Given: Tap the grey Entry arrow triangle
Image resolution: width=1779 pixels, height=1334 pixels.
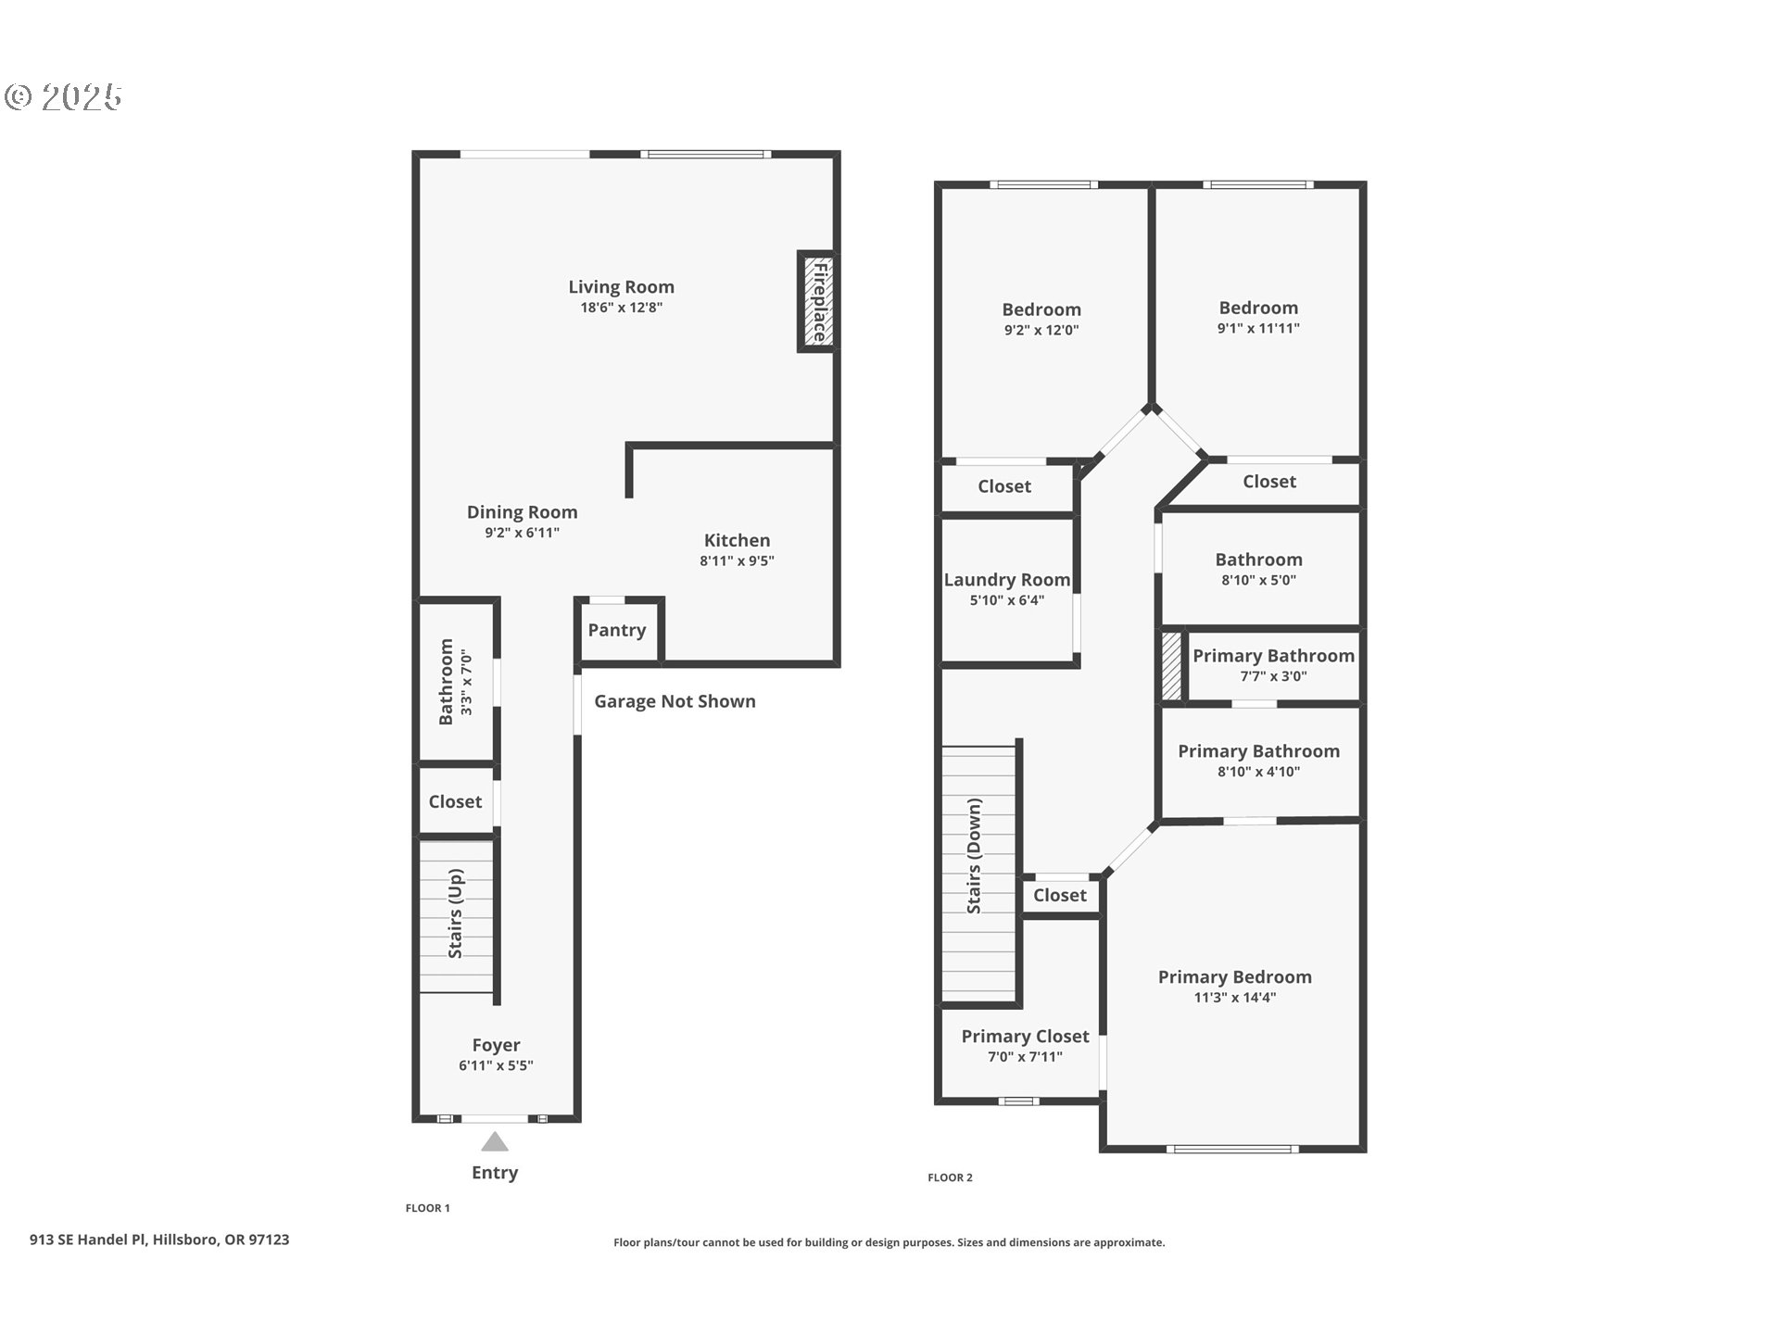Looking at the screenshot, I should coord(495,1141).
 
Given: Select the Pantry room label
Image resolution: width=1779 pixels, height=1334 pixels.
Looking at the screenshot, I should coord(616,630).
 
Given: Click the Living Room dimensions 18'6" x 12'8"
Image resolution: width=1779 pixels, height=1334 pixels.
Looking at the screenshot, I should coord(621,308).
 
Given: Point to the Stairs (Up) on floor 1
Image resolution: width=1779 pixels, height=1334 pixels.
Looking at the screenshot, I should coord(456,914).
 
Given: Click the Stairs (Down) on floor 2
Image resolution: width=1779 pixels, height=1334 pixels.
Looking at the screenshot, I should coord(976,857).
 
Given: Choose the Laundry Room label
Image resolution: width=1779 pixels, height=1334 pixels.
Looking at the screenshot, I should coord(1006,580).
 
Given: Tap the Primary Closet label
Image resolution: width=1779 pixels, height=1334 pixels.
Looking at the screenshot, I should coord(1025,1036).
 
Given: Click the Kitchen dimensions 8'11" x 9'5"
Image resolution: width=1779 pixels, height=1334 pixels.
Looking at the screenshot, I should coord(737,560).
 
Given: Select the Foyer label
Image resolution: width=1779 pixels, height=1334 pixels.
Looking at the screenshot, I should coord(496,1045).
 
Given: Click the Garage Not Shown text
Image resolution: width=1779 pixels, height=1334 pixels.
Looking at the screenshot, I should coord(675,701).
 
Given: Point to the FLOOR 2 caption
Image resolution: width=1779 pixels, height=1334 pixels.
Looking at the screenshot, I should coord(950,1177).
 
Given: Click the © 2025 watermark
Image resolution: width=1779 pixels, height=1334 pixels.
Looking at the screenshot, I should coord(63,96).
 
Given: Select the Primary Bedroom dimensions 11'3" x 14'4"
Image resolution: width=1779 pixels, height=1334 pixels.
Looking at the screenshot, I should coord(1234,998).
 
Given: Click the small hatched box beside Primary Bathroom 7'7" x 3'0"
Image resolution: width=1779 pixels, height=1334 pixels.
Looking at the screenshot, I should coord(1172,666).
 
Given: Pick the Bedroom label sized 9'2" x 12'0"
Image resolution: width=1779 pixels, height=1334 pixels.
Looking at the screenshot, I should coord(1041,309).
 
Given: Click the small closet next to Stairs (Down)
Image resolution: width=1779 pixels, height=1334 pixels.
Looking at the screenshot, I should coord(1059,895).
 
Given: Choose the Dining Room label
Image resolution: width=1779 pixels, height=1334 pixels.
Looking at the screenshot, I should coord(522,512).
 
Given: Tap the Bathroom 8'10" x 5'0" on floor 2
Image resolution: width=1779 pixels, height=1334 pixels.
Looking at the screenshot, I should coord(1258,560).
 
